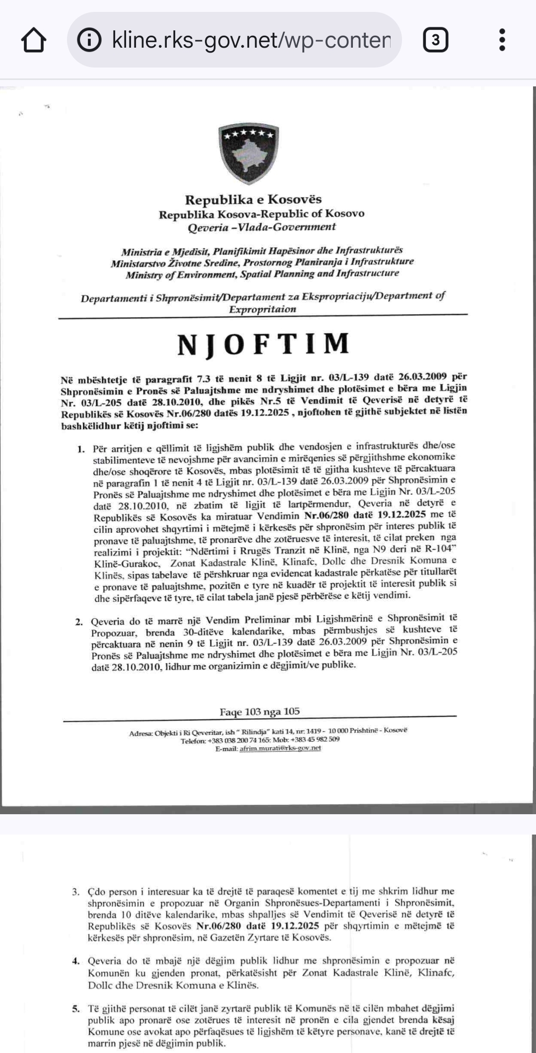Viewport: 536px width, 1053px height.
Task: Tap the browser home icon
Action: coord(34,40)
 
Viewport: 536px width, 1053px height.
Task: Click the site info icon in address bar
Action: coord(89,40)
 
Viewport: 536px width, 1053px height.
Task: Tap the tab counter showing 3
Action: coord(435,40)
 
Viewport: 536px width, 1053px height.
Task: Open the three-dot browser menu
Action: coord(502,40)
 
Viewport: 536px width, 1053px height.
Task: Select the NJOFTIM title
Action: coord(264,344)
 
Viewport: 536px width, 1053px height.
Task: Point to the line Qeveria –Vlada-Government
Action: coord(262,227)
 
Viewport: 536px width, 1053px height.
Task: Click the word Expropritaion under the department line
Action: coord(262,309)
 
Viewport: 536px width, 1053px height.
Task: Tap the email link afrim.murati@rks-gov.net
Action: coord(280,748)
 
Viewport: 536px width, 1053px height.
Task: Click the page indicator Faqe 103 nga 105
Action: coord(260,711)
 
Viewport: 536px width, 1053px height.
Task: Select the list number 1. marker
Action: coord(81,449)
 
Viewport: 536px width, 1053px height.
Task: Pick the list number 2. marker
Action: coord(79,622)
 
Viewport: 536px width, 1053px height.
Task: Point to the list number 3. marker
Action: coord(75,892)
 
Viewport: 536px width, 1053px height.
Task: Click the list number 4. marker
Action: coord(75,961)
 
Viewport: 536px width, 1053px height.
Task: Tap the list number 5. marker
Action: coord(75,1009)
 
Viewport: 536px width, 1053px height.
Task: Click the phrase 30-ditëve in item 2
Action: coord(204,632)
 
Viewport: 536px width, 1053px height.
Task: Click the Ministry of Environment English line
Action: coord(262,274)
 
